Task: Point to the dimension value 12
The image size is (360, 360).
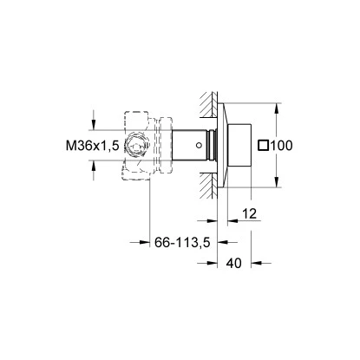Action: click(250, 213)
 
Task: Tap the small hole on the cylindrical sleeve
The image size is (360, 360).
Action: click(203, 145)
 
